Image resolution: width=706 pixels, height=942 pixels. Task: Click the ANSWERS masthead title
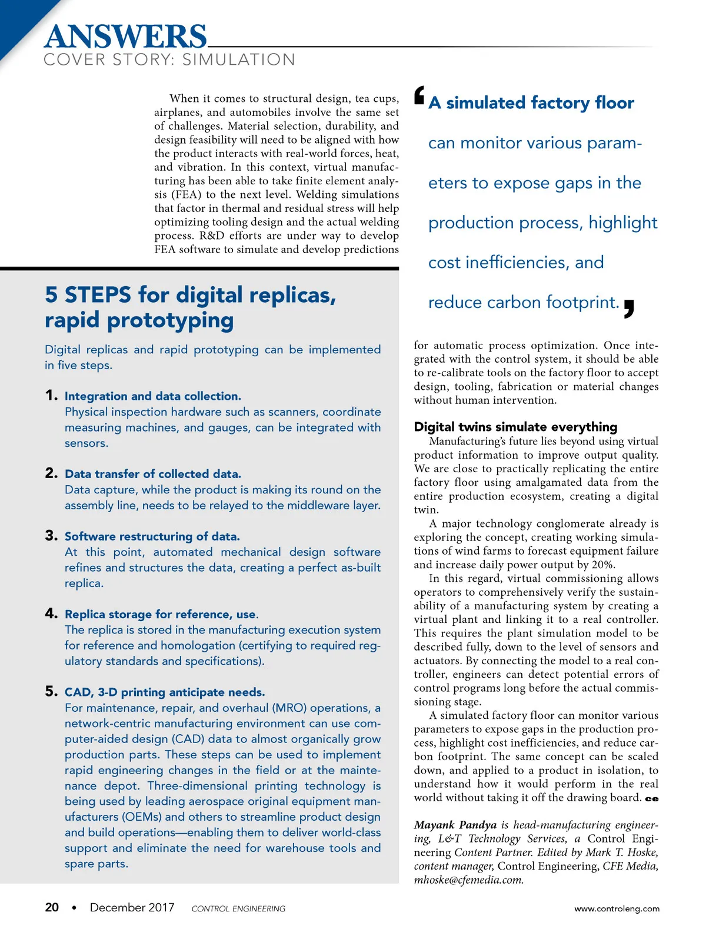tap(125, 37)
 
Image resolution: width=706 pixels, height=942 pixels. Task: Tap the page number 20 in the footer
tap(52, 907)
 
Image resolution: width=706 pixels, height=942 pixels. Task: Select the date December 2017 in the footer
tap(132, 907)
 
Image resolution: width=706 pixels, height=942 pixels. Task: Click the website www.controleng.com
tap(617, 908)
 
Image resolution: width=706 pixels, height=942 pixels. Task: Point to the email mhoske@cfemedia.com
tap(468, 880)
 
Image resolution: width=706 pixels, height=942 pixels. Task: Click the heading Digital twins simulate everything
tap(515, 427)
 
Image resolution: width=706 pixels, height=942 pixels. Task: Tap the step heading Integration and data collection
tap(153, 396)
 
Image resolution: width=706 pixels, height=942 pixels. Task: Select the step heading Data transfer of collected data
tap(153, 474)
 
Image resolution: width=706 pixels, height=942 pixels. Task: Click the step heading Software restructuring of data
tap(152, 536)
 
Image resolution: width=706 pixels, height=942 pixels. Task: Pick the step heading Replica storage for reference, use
tap(161, 614)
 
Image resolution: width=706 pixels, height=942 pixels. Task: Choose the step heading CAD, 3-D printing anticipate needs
tap(165, 692)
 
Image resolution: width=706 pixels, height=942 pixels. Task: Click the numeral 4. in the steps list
tap(51, 613)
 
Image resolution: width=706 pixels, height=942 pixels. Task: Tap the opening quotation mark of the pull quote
tap(419, 95)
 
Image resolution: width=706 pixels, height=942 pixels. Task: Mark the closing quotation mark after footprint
tap(629, 309)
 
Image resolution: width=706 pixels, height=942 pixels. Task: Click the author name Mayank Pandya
tap(455, 825)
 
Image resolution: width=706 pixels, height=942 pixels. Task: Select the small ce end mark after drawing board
tap(652, 799)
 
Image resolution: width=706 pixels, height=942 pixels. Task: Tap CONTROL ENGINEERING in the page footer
tap(238, 909)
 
